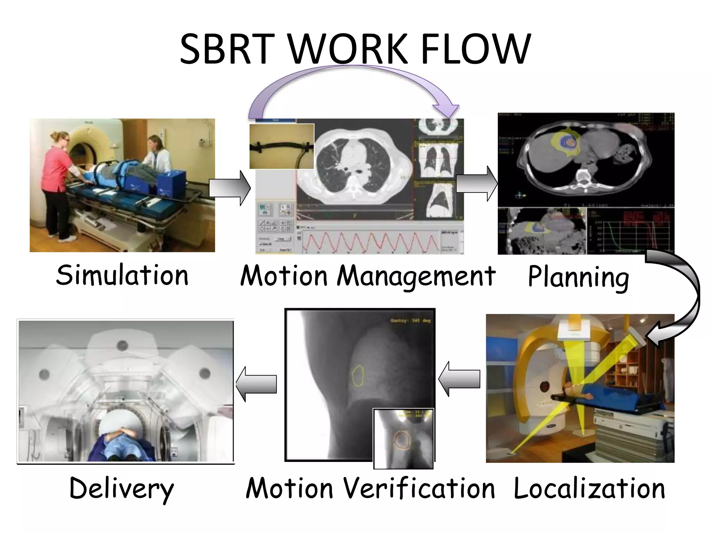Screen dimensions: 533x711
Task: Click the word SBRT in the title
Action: tap(225, 49)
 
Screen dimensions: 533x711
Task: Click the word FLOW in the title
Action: tap(476, 49)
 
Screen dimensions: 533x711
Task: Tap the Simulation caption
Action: tap(122, 275)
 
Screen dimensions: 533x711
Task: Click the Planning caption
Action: tap(578, 277)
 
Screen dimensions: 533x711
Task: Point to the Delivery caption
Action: tap(122, 489)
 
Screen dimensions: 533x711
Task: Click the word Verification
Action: tap(419, 488)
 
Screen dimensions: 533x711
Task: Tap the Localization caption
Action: tap(589, 488)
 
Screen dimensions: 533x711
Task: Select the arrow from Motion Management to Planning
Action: tap(476, 184)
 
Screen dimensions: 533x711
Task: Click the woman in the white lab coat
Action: tap(153, 154)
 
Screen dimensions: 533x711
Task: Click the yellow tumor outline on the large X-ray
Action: tap(358, 375)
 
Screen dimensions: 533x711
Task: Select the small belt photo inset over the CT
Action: tap(282, 146)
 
